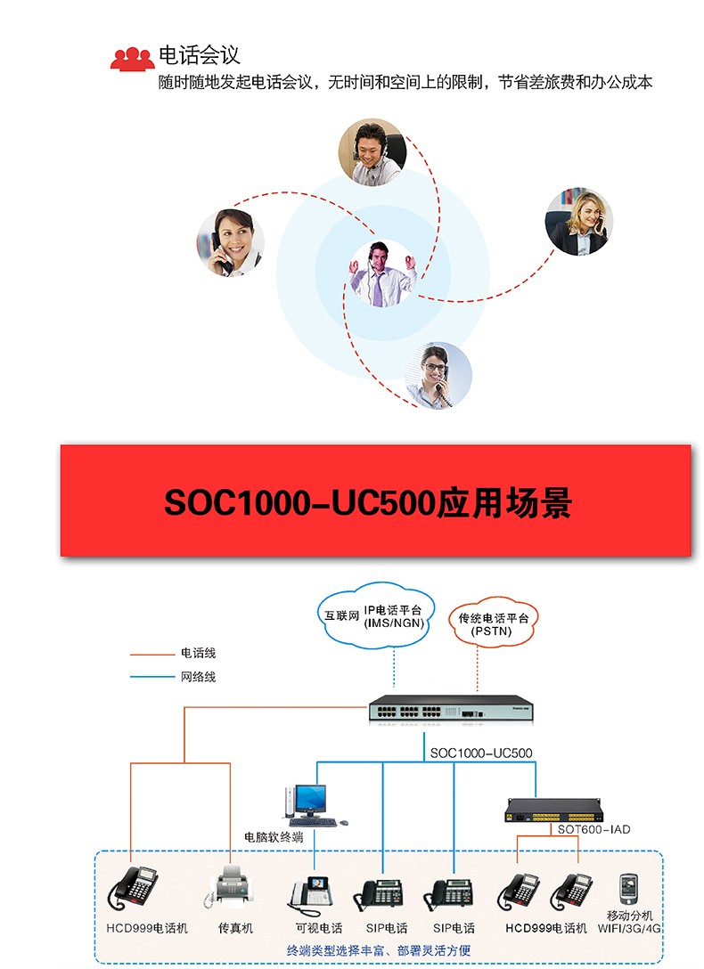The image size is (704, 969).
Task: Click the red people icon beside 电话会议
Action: coord(132,59)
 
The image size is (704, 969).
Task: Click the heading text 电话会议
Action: coord(199,55)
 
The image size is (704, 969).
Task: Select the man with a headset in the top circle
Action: coord(372,152)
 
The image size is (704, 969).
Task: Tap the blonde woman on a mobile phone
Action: coord(578,222)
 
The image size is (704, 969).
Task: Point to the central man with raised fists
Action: coord(382,273)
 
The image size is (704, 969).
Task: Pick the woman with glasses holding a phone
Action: coord(438,376)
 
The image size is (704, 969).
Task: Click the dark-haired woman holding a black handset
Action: coord(231,243)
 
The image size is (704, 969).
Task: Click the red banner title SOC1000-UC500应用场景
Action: coord(368,502)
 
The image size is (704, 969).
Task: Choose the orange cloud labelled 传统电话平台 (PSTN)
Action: coord(493,623)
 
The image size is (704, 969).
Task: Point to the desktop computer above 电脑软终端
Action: coord(312,805)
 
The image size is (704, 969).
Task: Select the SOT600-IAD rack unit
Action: coord(552,810)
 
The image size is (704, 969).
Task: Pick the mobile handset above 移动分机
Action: coord(628,889)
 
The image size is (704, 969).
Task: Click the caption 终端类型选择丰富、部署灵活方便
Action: coord(378,950)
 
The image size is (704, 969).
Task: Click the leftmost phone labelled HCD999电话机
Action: coord(134,888)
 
